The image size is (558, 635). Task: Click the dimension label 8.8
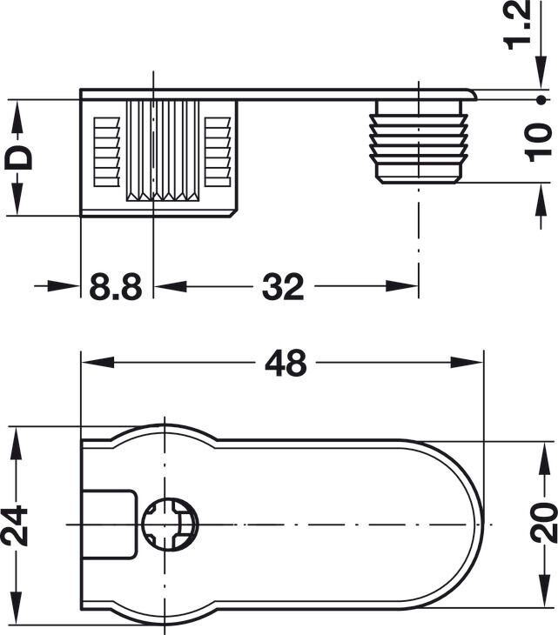[x=116, y=287]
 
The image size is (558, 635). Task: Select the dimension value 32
[x=283, y=287]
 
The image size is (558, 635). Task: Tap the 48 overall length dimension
[x=286, y=363]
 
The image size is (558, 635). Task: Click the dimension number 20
[x=543, y=523]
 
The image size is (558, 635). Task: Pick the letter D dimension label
[x=17, y=157]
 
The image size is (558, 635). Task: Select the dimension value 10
[x=538, y=143]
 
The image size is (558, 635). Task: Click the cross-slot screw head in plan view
[x=171, y=525]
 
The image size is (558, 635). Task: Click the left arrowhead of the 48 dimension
[x=97, y=363]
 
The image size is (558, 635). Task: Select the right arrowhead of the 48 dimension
[x=467, y=363]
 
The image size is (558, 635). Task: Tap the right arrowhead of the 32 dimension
[x=401, y=286]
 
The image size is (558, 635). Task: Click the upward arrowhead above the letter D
[x=17, y=117]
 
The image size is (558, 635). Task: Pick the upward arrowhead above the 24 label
[x=16, y=443]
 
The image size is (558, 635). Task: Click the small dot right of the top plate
[x=541, y=100]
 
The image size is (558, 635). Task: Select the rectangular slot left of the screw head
[x=110, y=525]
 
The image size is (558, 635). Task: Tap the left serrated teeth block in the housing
[x=107, y=152]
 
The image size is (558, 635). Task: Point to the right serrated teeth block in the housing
[x=218, y=152]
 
